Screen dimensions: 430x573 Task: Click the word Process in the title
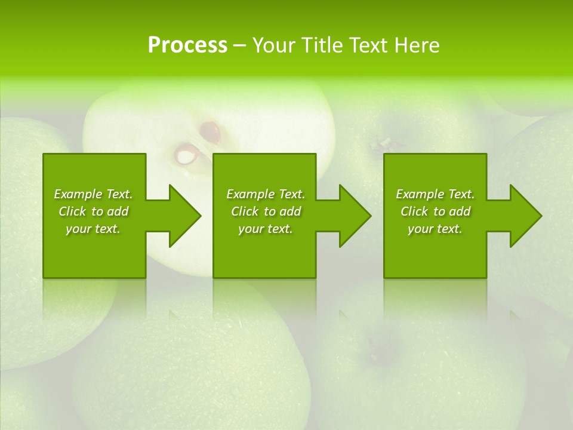click(x=187, y=45)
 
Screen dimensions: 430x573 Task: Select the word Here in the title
click(x=417, y=45)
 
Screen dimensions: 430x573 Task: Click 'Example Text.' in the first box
click(x=93, y=194)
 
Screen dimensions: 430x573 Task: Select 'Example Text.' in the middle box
click(x=266, y=194)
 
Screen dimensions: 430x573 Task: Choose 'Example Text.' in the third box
click(x=435, y=194)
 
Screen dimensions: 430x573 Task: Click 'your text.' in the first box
click(x=93, y=229)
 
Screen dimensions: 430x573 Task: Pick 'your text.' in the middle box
click(x=266, y=229)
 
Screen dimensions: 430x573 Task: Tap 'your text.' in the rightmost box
click(x=435, y=229)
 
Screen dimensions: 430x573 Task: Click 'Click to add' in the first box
click(x=93, y=211)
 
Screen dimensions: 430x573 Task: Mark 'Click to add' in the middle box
click(x=266, y=211)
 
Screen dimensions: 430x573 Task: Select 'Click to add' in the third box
click(x=435, y=211)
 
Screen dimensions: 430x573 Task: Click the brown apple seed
click(x=210, y=131)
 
